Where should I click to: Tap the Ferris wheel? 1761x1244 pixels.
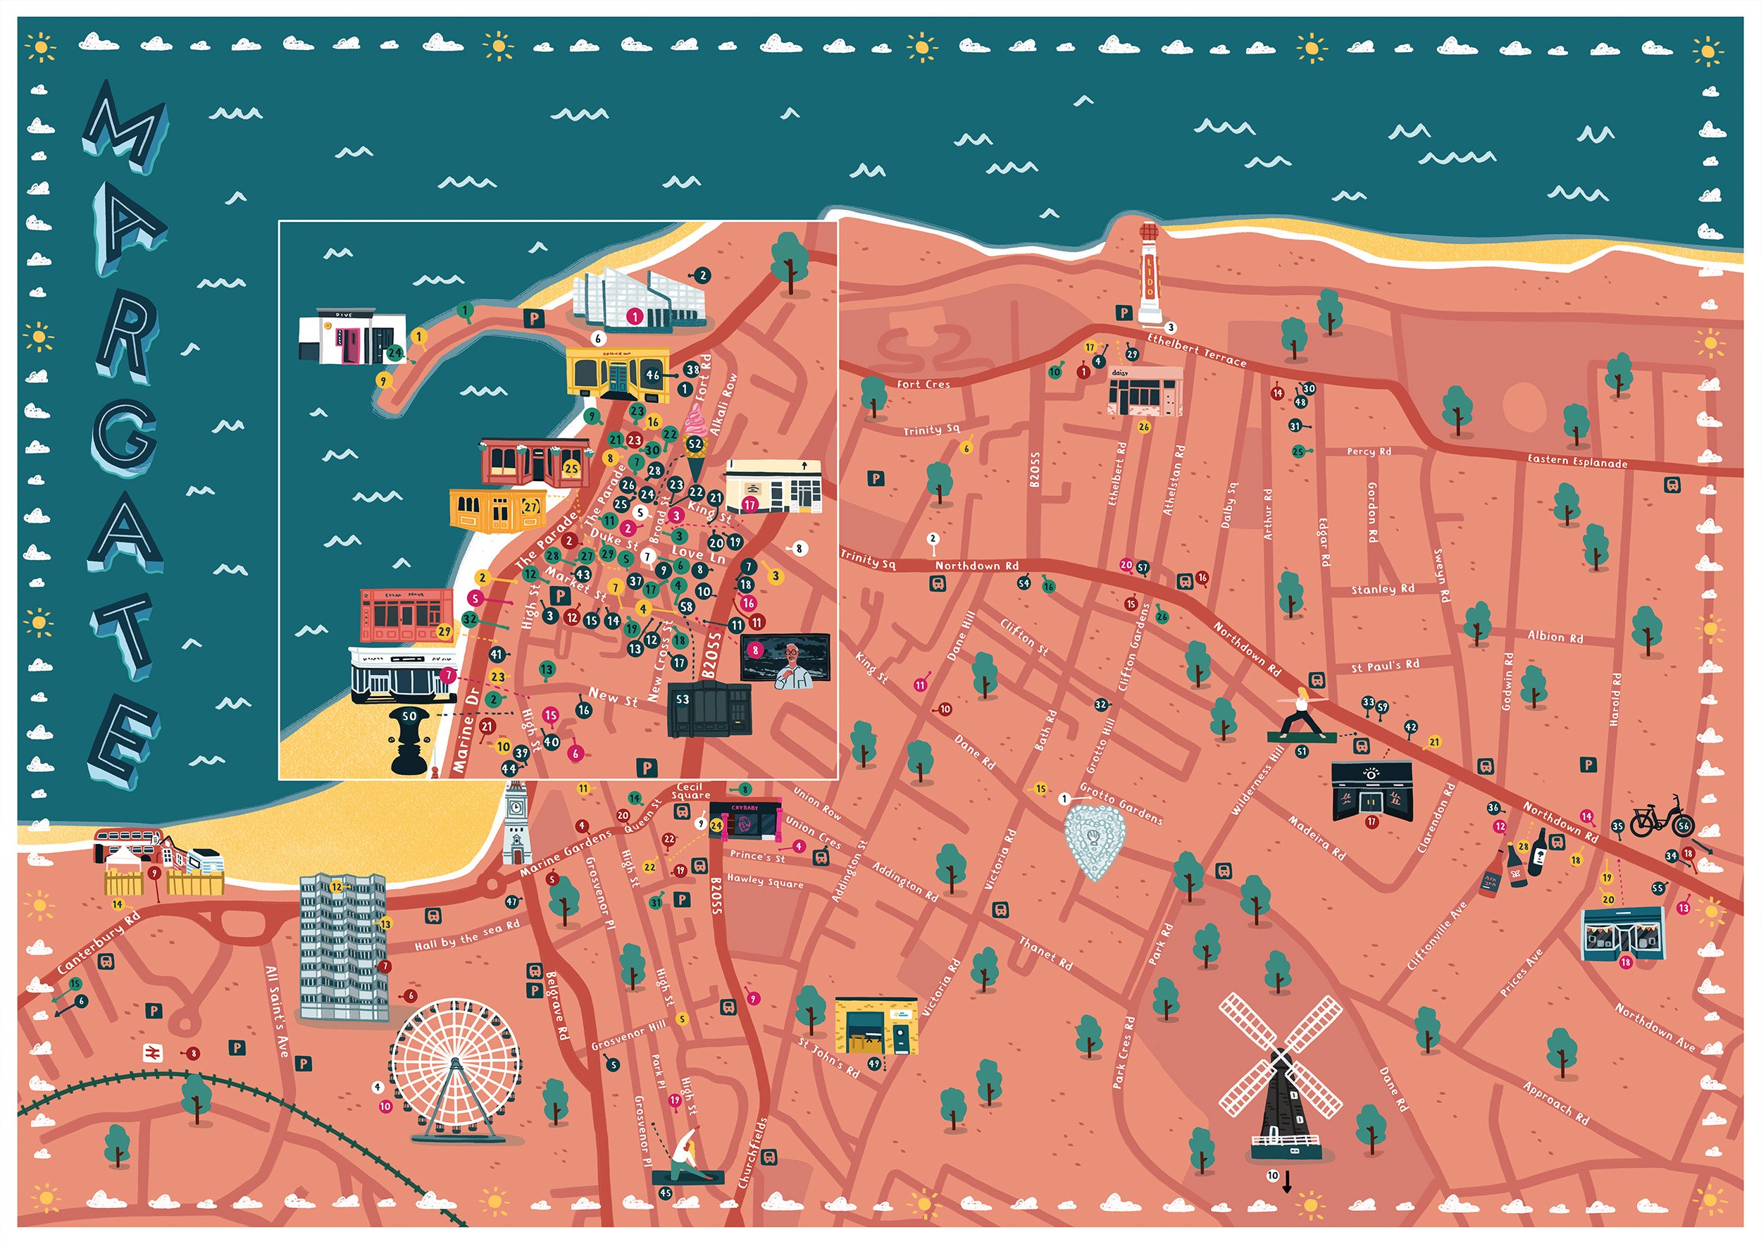click(456, 1066)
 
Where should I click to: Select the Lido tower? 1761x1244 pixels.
click(1148, 274)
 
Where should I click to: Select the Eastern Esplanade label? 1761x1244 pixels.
click(1577, 461)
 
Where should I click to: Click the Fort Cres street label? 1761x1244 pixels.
click(923, 384)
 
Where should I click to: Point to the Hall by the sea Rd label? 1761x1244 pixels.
click(466, 935)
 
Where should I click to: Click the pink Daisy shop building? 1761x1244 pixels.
click(1145, 391)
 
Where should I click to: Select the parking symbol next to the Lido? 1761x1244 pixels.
click(1124, 312)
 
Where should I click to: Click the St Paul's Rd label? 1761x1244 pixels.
click(1384, 665)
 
